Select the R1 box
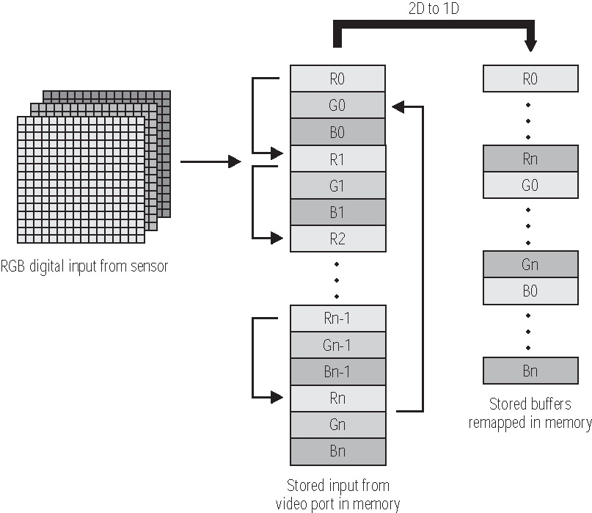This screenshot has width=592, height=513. click(x=337, y=159)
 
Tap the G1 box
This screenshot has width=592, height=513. click(x=337, y=186)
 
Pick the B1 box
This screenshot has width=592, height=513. click(x=337, y=212)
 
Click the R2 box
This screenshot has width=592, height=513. click(x=337, y=239)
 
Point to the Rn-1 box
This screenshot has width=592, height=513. click(x=337, y=319)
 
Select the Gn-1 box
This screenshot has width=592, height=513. click(x=337, y=345)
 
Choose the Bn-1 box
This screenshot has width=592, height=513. click(x=337, y=371)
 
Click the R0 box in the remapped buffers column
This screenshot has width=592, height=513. click(x=530, y=79)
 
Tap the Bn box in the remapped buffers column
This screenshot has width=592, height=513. click(x=530, y=371)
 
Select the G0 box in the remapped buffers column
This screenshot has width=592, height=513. click(x=530, y=185)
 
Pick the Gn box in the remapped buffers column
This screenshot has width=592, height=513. click(x=530, y=265)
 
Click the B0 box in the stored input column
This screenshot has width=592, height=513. click(x=337, y=132)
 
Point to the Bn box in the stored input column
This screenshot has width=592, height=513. click(x=337, y=451)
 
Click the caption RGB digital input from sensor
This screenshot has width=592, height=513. click(x=84, y=266)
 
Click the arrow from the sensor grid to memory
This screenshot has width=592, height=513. click(x=211, y=161)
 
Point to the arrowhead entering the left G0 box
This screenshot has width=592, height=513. click(x=398, y=107)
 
